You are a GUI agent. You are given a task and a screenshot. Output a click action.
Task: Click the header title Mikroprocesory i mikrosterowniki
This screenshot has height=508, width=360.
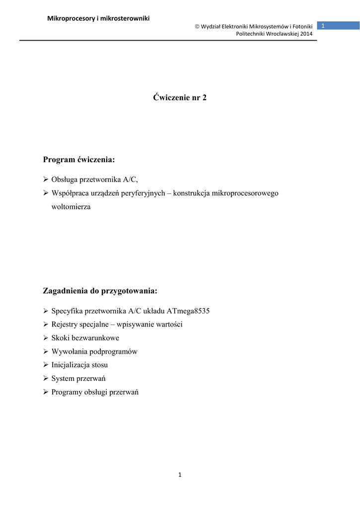(x=98, y=19)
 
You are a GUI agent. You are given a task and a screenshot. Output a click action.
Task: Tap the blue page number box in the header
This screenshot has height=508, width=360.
(x=338, y=26)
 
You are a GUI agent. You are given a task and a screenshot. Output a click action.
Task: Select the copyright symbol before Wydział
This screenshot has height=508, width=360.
(x=197, y=26)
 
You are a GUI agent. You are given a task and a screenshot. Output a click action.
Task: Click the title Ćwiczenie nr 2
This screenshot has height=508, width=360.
(x=180, y=98)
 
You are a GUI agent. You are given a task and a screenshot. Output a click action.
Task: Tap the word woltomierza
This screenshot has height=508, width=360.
(x=71, y=206)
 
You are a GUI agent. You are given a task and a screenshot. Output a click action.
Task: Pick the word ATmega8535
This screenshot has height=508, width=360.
(x=196, y=311)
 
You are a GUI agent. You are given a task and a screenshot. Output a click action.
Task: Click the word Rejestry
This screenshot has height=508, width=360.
(x=65, y=324)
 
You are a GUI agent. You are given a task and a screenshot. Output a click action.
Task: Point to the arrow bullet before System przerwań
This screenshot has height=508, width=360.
(x=46, y=378)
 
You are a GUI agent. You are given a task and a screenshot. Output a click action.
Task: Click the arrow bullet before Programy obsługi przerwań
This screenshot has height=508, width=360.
(x=46, y=392)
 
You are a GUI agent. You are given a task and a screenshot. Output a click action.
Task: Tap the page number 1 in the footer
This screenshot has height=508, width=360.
(x=180, y=475)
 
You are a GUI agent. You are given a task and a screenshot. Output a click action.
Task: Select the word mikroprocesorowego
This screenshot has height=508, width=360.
(x=245, y=193)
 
